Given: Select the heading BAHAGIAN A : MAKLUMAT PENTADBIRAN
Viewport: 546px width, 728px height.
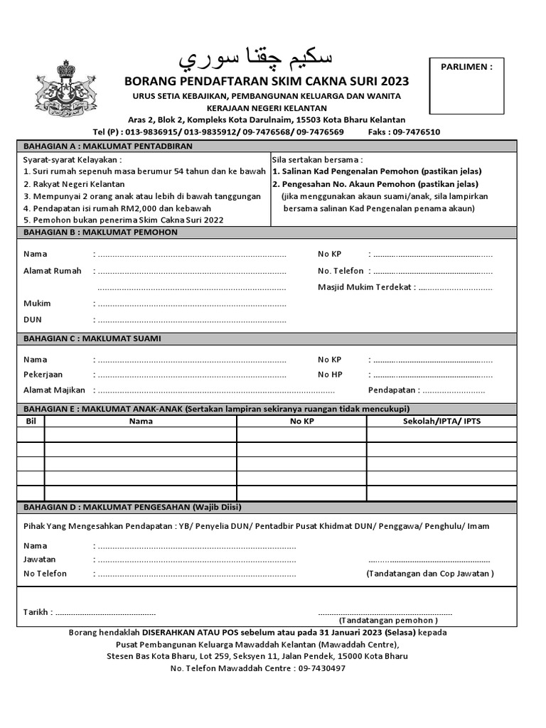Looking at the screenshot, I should coord(108,146).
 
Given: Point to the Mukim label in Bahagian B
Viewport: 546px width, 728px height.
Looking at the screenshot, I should coord(37,304).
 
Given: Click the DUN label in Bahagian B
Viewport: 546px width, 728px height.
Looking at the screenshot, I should coord(33,320).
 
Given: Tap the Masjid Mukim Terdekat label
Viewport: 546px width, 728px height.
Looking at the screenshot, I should coord(366,288).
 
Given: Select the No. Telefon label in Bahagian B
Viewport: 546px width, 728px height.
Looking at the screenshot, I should coord(341,271).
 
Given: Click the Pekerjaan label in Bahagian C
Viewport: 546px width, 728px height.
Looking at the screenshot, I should coord(43,374).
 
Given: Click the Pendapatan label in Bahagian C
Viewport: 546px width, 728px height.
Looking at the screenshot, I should coord(393,390).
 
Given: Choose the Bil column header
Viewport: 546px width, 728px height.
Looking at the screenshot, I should coord(31,421).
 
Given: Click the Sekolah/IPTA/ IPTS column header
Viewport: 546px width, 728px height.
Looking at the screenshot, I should coord(441,421).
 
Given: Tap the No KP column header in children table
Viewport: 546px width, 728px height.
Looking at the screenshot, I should coord(301,421).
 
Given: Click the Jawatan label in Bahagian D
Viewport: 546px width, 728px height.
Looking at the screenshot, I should coord(39,560).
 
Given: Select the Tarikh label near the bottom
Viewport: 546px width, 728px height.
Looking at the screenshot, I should coord(36,612).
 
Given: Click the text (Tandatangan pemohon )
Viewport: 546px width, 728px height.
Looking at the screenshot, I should coord(383,621).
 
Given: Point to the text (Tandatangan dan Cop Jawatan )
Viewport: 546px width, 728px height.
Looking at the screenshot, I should coord(429,574).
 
